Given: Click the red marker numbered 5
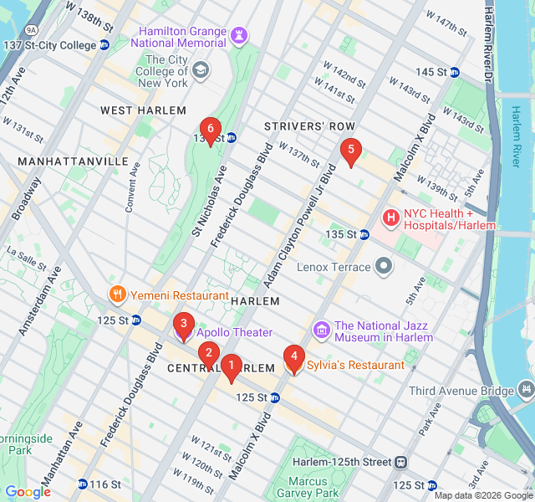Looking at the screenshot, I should [350, 151].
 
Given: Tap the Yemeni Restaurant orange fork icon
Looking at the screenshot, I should [118, 295].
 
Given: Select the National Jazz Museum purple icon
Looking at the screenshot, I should [320, 330].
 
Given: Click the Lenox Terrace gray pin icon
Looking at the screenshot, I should [384, 267].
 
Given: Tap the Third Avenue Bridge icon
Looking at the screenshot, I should [525, 391].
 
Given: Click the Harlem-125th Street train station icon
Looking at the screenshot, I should [401, 462].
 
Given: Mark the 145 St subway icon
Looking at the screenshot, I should [455, 72].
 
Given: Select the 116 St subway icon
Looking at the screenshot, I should [82, 484].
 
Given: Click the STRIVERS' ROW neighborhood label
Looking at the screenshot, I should [298, 126].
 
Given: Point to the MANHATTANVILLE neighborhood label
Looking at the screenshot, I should [73, 161].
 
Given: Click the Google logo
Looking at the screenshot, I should [28, 492].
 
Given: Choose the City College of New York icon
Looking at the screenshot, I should [201, 70].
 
